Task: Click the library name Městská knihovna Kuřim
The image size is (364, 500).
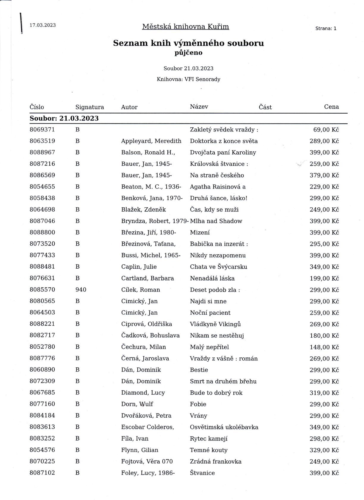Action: pyautogui.click(x=185, y=27)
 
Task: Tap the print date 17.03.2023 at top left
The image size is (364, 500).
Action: pyautogui.click(x=43, y=25)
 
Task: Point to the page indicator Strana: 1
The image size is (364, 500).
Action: pyautogui.click(x=326, y=29)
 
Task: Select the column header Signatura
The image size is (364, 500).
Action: pyautogui.click(x=90, y=107)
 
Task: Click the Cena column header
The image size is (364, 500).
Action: pyautogui.click(x=331, y=107)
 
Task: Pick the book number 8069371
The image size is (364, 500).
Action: pyautogui.click(x=42, y=130)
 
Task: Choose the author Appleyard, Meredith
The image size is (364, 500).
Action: pyautogui.click(x=151, y=141)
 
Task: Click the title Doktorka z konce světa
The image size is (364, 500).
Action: pyautogui.click(x=224, y=141)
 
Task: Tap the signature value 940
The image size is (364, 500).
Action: pyautogui.click(x=81, y=290)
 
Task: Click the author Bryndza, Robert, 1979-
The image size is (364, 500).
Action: pyautogui.click(x=155, y=221)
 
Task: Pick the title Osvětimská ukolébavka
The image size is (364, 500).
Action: pyautogui.click(x=224, y=427)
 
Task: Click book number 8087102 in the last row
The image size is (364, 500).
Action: pyautogui.click(x=42, y=473)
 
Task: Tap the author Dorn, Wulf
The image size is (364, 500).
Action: pyautogui.click(x=137, y=404)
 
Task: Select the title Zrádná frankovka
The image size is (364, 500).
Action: pyautogui.click(x=216, y=462)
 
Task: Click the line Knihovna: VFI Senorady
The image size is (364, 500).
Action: pyautogui.click(x=188, y=79)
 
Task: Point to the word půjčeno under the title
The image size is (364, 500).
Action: pyautogui.click(x=188, y=53)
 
